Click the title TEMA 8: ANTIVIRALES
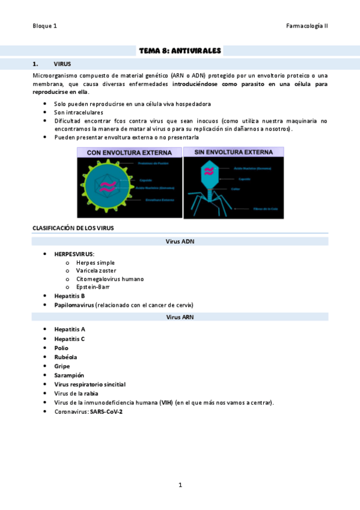pyautogui.click(x=180, y=51)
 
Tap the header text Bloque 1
pyautogui.click(x=45, y=26)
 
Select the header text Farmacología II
pyautogui.click(x=308, y=26)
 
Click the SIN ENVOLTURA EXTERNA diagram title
pyautogui.click(x=233, y=153)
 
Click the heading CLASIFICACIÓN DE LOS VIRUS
pyautogui.click(x=73, y=228)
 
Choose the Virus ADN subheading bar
pyautogui.click(x=180, y=241)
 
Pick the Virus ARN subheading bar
pyautogui.click(x=180, y=316)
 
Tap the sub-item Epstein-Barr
pyautogui.click(x=93, y=287)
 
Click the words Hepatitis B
pyautogui.click(x=69, y=296)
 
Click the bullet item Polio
pyautogui.click(x=61, y=348)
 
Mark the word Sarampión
pyautogui.click(x=69, y=375)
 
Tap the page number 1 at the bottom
pyautogui.click(x=180, y=485)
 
